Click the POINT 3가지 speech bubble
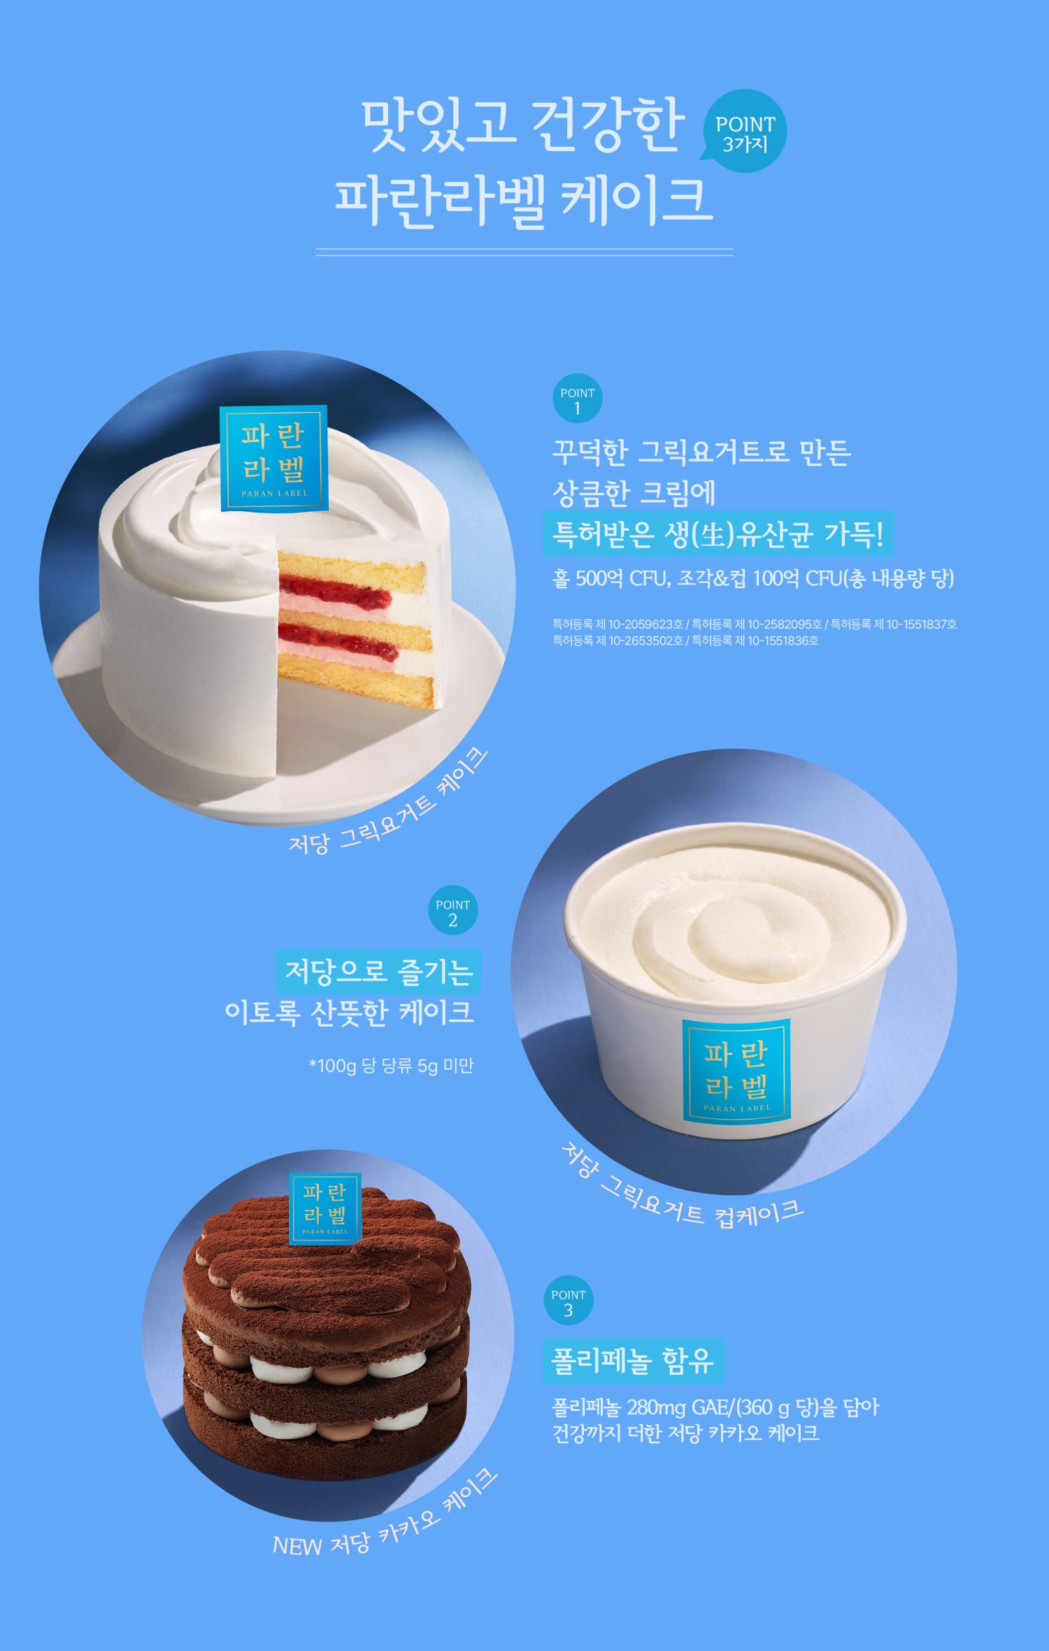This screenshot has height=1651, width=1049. click(745, 132)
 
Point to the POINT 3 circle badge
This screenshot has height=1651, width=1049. click(568, 1301)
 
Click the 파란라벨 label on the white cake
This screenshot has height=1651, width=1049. click(273, 459)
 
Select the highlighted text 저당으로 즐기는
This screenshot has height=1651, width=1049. click(378, 971)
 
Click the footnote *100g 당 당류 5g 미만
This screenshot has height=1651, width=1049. click(391, 1066)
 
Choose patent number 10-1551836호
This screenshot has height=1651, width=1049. click(783, 641)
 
